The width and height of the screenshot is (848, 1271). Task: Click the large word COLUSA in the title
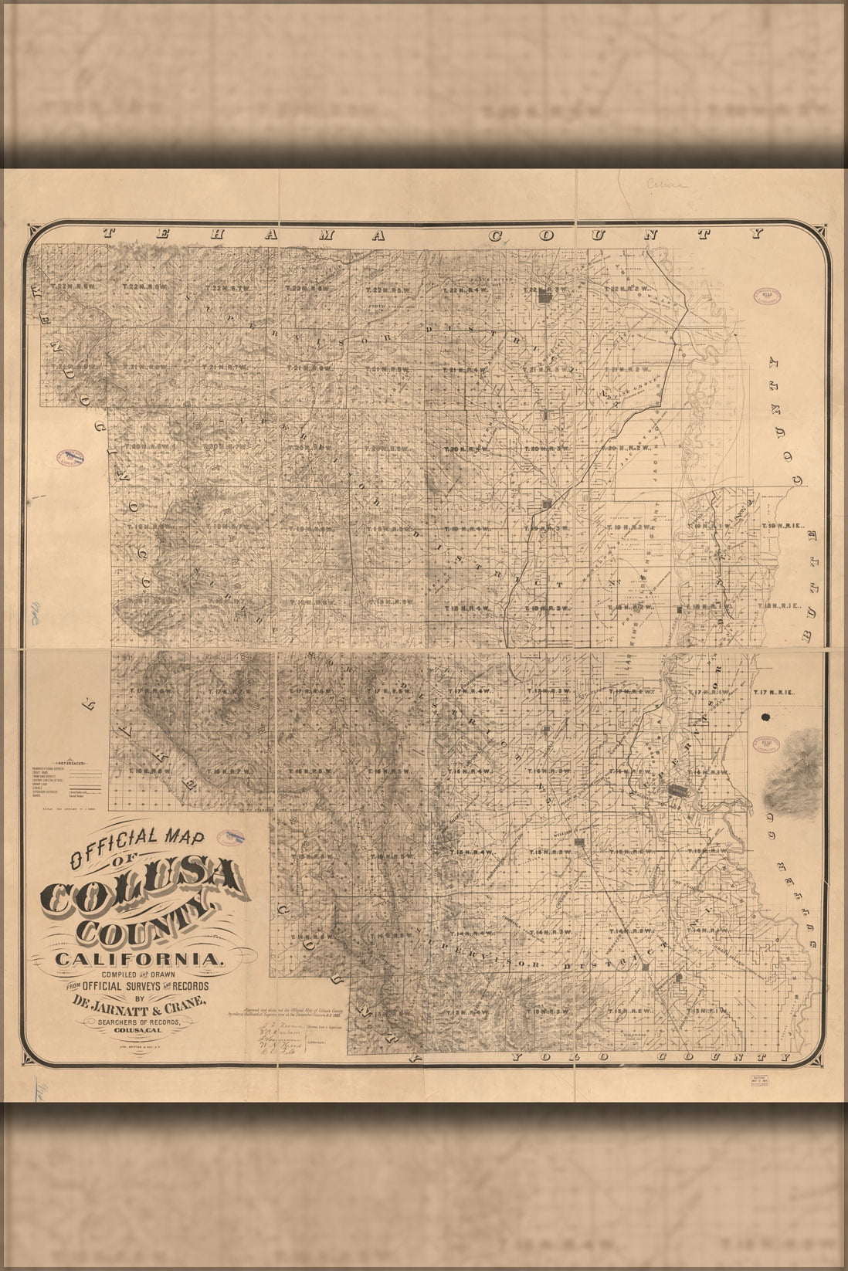[143, 889]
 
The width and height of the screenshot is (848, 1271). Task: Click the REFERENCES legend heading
[69, 761]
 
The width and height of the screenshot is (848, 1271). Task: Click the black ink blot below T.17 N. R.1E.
[767, 717]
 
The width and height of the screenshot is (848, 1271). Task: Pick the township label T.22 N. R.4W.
[463, 289]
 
